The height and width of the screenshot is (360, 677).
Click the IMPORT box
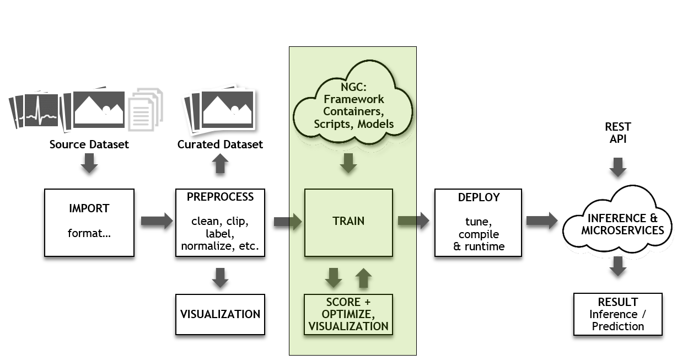89,223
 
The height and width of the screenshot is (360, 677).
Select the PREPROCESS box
220,223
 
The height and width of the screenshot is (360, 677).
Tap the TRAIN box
348,223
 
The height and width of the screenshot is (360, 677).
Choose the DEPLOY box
478,223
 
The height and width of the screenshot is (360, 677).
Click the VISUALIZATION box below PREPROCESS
220,314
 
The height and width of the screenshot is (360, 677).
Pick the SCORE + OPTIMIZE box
348,314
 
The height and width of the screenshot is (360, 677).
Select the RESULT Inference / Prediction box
617,314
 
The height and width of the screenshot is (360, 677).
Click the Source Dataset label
89,144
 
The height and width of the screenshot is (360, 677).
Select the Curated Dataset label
220,144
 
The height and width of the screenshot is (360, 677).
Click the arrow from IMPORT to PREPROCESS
157,222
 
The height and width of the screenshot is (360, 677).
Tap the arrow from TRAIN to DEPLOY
413,222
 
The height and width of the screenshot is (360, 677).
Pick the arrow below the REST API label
618,167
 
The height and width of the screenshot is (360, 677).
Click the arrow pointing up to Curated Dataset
220,164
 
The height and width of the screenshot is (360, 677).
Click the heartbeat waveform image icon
40,110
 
